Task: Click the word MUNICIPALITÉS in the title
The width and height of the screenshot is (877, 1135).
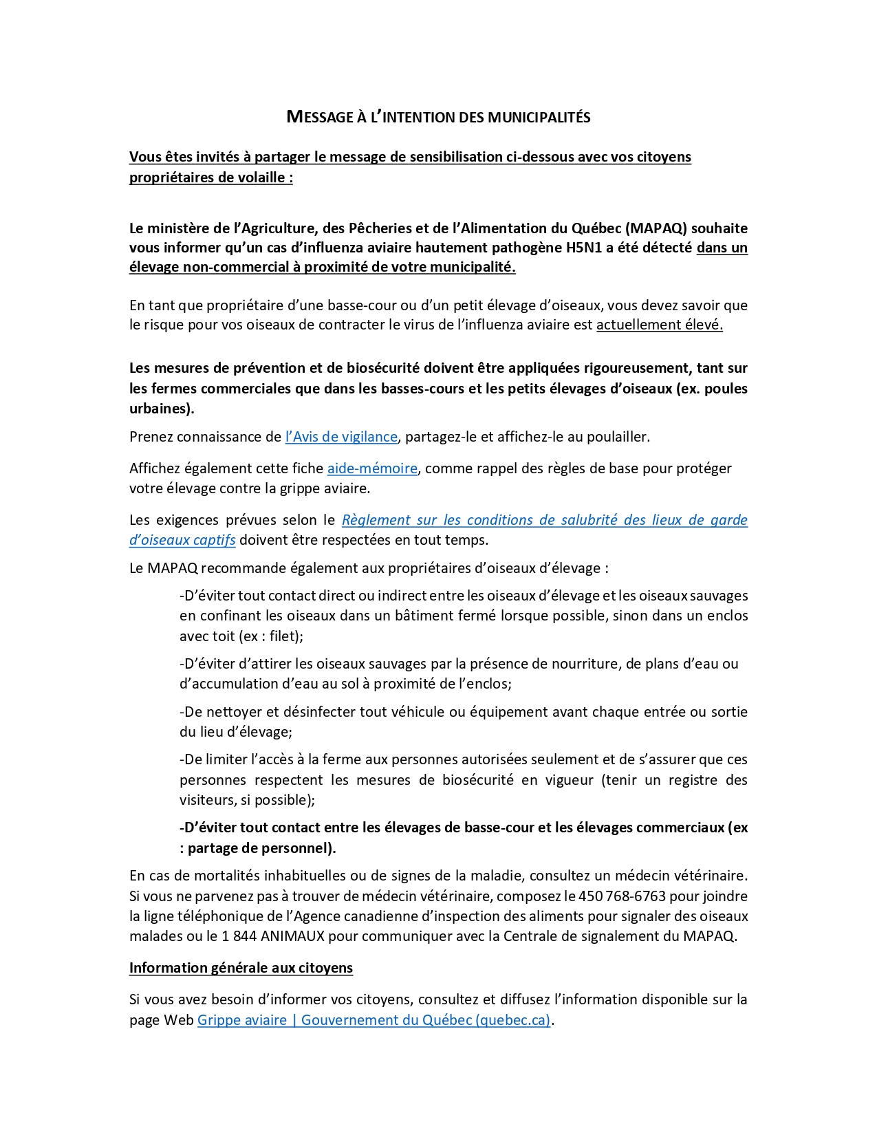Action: click(x=539, y=117)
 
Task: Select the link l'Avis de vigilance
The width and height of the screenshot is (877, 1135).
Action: click(x=341, y=437)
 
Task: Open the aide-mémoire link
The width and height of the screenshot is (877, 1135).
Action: click(x=372, y=468)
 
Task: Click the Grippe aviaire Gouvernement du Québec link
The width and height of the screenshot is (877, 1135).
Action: click(x=373, y=1020)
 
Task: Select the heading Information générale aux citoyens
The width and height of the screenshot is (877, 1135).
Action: click(x=241, y=968)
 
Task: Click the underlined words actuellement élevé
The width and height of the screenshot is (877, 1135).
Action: click(x=659, y=325)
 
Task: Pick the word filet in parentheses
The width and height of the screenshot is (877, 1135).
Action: click(x=283, y=636)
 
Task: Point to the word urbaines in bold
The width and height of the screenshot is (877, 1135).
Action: click(x=160, y=409)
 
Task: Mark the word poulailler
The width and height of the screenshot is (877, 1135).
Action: click(x=611, y=437)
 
